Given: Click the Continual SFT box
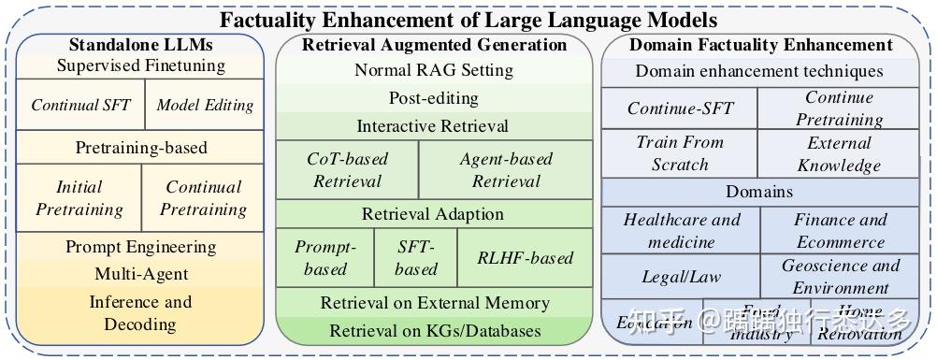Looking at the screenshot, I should (81, 105).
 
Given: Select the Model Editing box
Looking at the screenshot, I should (205, 105).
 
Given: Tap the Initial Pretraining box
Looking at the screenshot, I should (79, 197).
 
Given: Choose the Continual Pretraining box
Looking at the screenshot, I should (203, 197).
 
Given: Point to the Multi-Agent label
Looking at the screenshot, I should (140, 274).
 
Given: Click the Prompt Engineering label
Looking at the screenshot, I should (140, 247).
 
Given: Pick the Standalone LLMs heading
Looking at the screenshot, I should (140, 44).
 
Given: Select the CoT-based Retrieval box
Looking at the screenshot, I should (347, 169).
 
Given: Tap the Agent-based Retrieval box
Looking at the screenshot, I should (506, 169).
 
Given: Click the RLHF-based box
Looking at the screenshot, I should (525, 257).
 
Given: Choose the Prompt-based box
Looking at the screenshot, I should (324, 257).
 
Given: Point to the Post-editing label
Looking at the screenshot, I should (433, 98).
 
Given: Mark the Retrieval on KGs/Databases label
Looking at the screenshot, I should (435, 330).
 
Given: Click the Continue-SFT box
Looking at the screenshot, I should (680, 108).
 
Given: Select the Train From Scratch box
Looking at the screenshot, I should (680, 153).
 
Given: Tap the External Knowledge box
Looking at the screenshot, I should (839, 153).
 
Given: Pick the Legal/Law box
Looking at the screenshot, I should (681, 277).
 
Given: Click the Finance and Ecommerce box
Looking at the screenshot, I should (840, 230).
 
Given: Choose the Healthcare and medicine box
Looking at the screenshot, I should (681, 230).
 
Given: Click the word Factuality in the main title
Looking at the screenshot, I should (266, 19).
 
